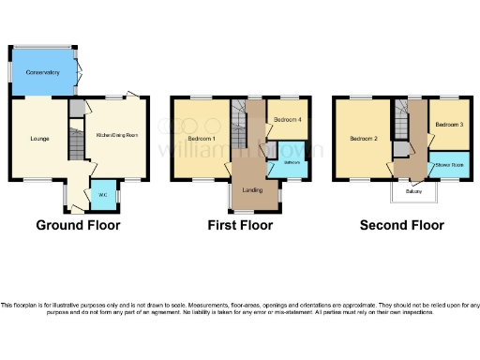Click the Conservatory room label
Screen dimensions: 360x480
point(41,71)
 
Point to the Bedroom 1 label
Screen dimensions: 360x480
point(201,139)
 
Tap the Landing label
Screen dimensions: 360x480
point(251,190)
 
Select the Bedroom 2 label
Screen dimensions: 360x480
point(363,139)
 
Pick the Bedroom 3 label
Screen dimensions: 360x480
point(449,124)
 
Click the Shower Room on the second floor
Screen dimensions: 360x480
point(448,166)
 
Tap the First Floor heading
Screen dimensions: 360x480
point(241,225)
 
